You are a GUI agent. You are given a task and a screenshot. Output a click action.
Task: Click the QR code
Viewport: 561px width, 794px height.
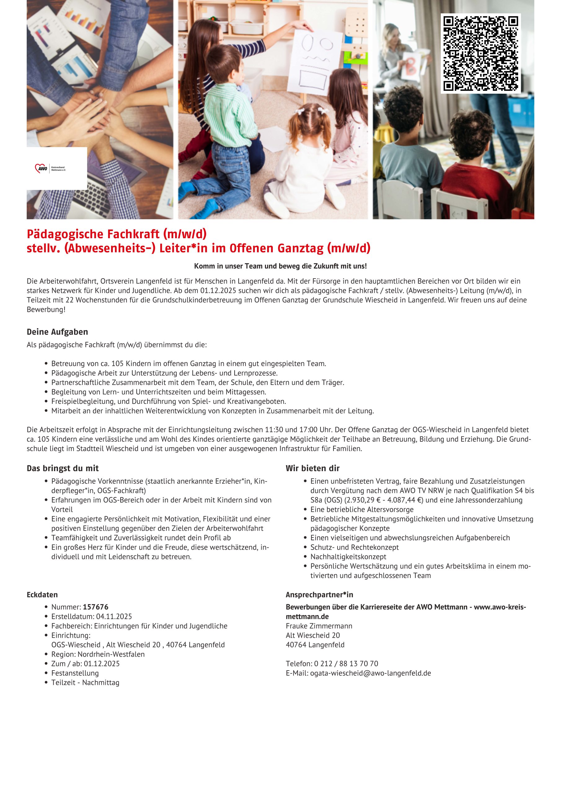[x=480, y=53]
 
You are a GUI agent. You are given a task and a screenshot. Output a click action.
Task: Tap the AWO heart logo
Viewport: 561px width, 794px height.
[x=42, y=168]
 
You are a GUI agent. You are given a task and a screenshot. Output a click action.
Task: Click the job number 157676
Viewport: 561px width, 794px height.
[x=95, y=607]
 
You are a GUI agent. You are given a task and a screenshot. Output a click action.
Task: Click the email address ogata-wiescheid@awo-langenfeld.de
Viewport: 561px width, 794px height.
[x=370, y=673]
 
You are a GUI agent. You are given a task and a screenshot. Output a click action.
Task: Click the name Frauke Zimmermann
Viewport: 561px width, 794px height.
[x=319, y=626]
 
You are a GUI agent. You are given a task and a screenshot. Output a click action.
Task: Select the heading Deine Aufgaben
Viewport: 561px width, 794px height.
[x=57, y=332]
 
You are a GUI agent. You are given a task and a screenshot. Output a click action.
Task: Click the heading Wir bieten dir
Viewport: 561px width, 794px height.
[x=312, y=468]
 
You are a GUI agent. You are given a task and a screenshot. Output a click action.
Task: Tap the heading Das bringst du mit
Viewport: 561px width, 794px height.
[x=63, y=468]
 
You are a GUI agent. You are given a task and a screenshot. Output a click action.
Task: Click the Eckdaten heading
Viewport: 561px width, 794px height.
[x=42, y=595]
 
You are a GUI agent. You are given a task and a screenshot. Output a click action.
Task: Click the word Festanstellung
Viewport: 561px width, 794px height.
[x=75, y=673]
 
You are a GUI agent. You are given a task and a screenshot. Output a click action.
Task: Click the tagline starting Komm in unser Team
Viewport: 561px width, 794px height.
[x=280, y=266]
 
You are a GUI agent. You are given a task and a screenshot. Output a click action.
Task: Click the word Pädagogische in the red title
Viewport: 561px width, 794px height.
[x=65, y=234]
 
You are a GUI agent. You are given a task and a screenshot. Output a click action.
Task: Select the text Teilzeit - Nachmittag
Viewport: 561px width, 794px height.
[x=85, y=682]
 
